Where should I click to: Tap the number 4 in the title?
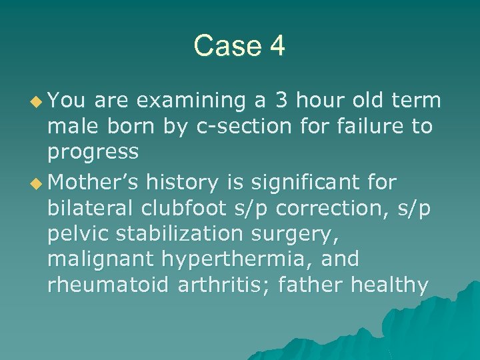pyautogui.click(x=276, y=46)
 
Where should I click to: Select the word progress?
pyautogui.click(x=93, y=153)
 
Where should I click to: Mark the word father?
pyautogui.click(x=317, y=285)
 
